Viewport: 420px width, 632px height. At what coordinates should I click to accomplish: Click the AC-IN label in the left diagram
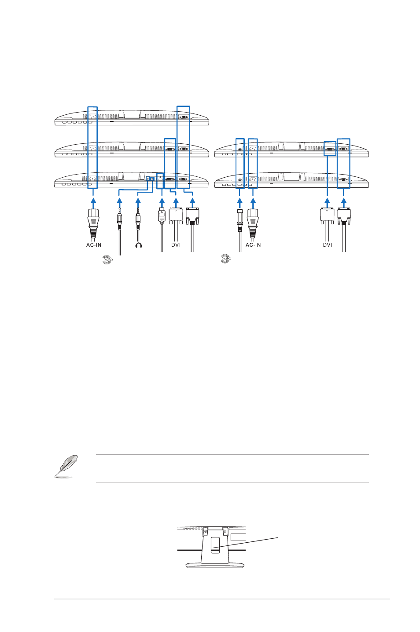(94, 245)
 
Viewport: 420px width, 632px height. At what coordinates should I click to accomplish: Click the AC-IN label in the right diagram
(253, 245)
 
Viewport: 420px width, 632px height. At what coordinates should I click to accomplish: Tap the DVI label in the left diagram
(176, 245)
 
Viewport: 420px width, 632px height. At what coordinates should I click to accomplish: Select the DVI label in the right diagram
(328, 245)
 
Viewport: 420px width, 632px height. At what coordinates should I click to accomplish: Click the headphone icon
(138, 245)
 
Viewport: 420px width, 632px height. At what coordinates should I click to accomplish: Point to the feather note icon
(66, 466)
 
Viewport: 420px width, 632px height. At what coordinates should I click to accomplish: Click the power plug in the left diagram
(93, 223)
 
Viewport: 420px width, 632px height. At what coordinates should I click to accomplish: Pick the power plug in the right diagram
(253, 223)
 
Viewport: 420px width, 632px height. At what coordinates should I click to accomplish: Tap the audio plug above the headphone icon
(138, 219)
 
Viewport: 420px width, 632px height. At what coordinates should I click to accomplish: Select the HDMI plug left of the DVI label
(161, 216)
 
